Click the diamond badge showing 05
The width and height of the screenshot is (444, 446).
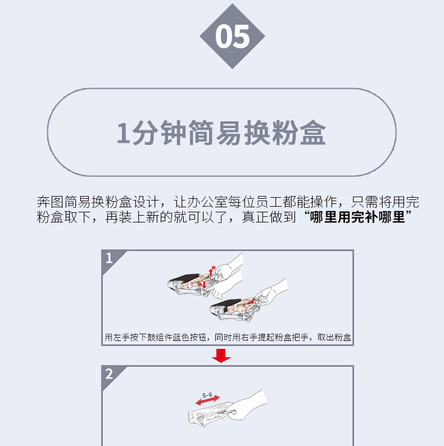[x=232, y=36]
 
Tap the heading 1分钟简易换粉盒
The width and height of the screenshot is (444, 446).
[x=221, y=133]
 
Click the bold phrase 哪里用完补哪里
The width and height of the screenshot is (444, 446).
[x=357, y=217]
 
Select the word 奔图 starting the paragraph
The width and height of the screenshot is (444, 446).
[x=50, y=202]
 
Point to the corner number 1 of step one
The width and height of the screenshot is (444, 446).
[x=109, y=258]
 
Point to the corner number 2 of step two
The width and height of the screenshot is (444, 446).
[x=109, y=374]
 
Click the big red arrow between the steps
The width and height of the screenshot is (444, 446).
[x=221, y=356]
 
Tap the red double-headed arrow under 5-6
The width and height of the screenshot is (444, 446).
[x=208, y=400]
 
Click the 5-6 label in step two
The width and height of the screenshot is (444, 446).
[x=207, y=395]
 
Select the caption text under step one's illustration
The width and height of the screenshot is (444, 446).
[x=228, y=338]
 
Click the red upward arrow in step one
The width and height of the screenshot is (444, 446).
[x=211, y=272]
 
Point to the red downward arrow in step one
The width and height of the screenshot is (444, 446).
[x=204, y=284]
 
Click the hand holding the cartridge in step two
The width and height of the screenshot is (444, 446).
[x=247, y=404]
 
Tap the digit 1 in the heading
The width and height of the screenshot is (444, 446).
[x=123, y=133]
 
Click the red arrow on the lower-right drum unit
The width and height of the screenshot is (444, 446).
[x=250, y=303]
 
